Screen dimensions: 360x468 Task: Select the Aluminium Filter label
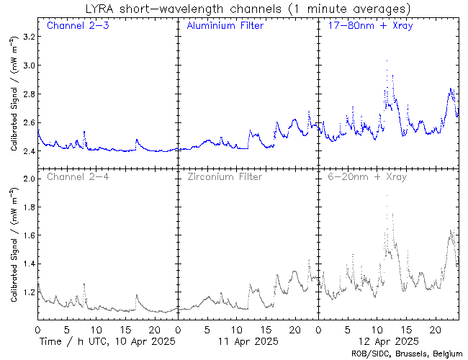click(x=225, y=26)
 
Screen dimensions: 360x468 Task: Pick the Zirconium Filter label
click(x=224, y=176)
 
